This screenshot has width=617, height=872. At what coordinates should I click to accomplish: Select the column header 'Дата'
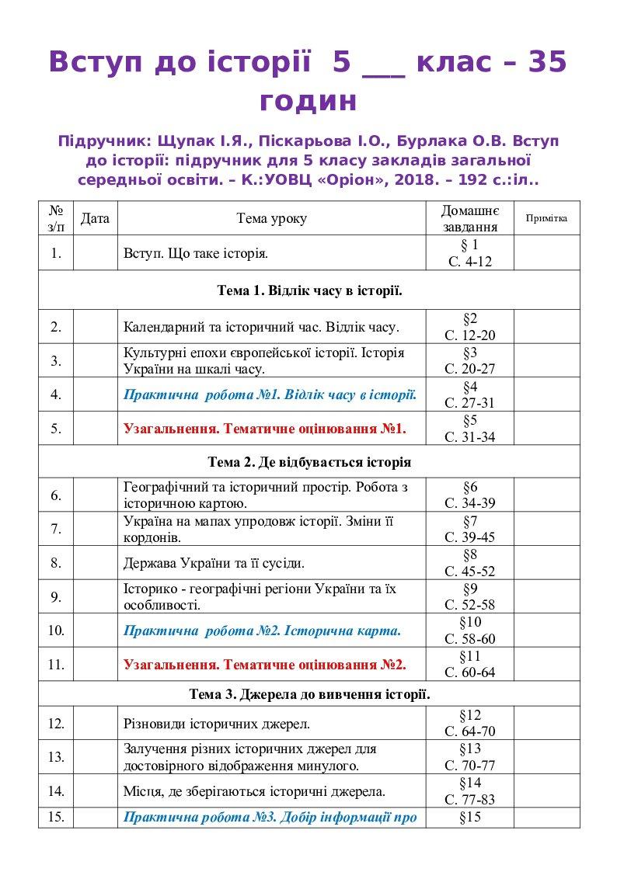click(x=95, y=218)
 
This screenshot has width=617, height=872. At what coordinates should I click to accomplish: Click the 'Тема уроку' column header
click(x=271, y=218)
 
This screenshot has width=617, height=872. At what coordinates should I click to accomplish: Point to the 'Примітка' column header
click(x=546, y=218)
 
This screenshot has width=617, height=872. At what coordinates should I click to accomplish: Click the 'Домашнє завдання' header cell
click(x=469, y=218)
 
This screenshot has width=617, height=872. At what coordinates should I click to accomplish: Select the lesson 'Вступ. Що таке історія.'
click(x=196, y=253)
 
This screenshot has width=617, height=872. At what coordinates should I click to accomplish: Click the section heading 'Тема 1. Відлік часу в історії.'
click(x=309, y=291)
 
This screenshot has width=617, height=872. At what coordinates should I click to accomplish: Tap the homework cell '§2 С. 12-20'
click(x=469, y=326)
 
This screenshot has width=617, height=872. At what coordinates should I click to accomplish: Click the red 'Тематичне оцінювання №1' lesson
click(x=264, y=428)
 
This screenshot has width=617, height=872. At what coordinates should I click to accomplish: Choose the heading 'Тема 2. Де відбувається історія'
click(x=309, y=462)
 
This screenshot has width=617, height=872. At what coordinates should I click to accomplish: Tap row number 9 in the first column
click(x=56, y=597)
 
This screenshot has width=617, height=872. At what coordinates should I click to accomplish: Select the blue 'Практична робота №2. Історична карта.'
click(x=262, y=631)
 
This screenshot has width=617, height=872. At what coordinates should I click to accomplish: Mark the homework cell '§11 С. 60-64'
click(x=469, y=664)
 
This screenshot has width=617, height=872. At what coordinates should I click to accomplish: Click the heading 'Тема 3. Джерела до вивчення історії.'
click(x=309, y=693)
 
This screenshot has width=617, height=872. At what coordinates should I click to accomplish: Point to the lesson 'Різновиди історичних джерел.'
click(x=217, y=724)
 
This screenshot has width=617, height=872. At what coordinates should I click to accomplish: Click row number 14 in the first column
click(x=56, y=791)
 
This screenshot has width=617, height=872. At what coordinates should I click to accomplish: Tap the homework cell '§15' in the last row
click(x=470, y=817)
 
